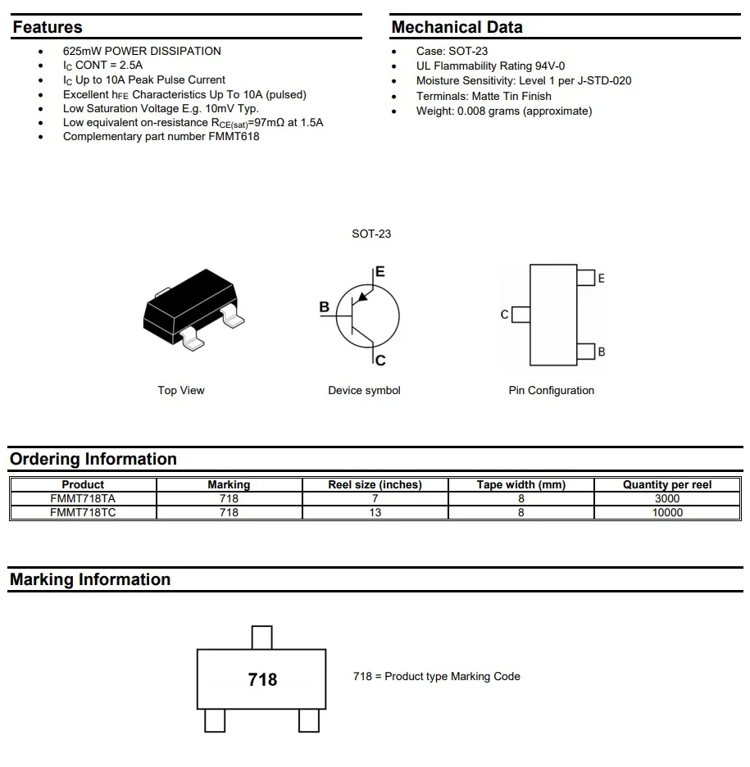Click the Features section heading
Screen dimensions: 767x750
[x=48, y=27]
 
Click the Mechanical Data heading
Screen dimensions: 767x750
[x=457, y=27]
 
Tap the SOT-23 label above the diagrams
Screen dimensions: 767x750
[x=371, y=234]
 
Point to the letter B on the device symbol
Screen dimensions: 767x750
[x=325, y=307]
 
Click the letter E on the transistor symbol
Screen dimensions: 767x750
[x=380, y=272]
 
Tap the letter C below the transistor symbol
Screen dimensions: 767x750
[x=380, y=360]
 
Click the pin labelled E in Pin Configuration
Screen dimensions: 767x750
[x=585, y=278]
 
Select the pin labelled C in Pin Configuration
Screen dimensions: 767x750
[x=520, y=314]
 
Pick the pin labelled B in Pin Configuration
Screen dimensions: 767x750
[x=585, y=352]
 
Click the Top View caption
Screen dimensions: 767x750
[x=181, y=390]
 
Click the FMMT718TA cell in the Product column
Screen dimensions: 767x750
[x=83, y=498]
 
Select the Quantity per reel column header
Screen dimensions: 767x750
[x=667, y=484]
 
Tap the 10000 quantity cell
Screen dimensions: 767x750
[x=667, y=512]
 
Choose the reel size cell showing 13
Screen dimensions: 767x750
[x=375, y=512]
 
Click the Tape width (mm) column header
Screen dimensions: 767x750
[x=521, y=484]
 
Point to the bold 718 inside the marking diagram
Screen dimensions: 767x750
[x=262, y=679]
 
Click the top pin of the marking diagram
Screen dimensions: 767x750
[x=261, y=637]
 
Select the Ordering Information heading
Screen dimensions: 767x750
[x=93, y=459]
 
